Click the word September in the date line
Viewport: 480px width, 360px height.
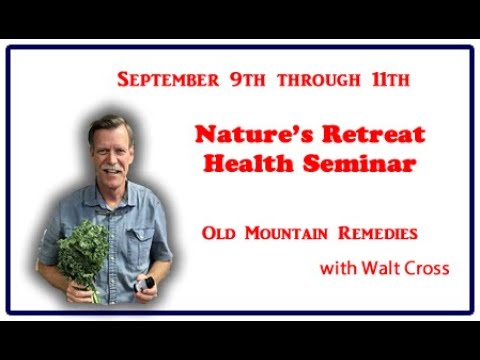click(168, 80)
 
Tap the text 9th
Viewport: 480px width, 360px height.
click(248, 80)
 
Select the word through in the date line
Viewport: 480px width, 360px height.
click(319, 80)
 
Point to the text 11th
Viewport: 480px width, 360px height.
click(391, 80)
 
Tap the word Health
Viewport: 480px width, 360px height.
click(249, 163)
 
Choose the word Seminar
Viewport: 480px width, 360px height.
click(360, 163)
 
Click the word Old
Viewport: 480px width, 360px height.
click(219, 233)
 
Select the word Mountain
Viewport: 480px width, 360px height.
click(286, 233)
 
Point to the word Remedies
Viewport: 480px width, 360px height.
click(378, 233)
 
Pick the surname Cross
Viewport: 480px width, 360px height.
click(427, 268)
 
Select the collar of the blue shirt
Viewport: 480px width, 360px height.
click(110, 195)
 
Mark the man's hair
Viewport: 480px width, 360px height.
click(109, 128)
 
